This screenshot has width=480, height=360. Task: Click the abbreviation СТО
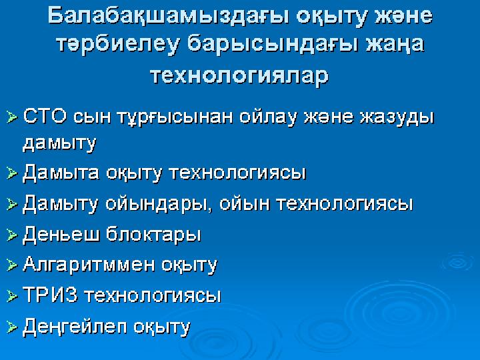point(45,116)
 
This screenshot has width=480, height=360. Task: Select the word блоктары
point(153,235)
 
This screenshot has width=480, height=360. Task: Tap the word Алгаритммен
point(89,264)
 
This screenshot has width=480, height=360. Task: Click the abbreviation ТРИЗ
point(50,295)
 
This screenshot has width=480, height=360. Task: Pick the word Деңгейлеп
point(75,326)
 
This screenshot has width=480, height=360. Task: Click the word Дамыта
point(61,173)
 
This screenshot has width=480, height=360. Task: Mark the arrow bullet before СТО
point(12,117)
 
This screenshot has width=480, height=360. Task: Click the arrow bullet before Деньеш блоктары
point(12,235)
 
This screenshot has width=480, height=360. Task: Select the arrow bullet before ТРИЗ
point(12,296)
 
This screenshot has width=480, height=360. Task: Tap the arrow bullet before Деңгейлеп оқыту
point(12,327)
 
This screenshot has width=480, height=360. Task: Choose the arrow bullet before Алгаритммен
point(12,265)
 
